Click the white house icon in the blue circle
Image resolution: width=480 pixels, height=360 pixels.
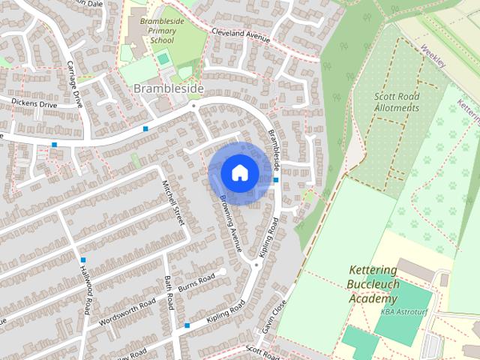coord(239,172)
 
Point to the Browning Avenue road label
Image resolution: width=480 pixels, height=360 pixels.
coord(232,226)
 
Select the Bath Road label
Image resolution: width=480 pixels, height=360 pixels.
coord(169,292)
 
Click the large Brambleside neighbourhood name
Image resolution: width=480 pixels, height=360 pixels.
coord(168,88)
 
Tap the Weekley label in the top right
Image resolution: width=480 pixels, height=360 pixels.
coord(433,56)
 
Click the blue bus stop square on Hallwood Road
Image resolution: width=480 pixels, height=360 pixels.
coord(83,260)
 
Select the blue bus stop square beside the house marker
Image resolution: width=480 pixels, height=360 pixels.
coord(277,180)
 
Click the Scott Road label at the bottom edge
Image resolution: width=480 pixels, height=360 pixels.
coord(262,351)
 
